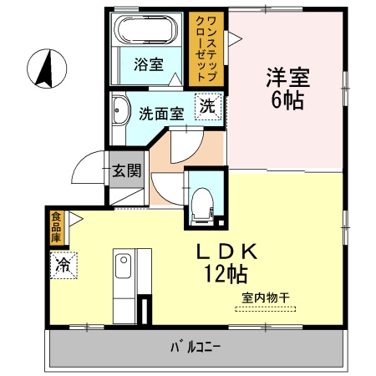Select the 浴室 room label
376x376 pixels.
[149, 64]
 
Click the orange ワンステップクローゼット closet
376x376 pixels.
[206, 49]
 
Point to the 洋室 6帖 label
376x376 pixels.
[287, 89]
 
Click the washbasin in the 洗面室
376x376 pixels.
[120, 110]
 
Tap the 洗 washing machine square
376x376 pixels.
[208, 107]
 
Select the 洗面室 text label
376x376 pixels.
[161, 114]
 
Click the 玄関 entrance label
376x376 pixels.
[127, 170]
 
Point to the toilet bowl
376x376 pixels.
[202, 204]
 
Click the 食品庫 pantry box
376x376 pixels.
[57, 228]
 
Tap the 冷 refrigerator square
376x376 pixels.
[64, 266]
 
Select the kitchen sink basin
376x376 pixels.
[123, 266]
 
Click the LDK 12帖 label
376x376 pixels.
[226, 263]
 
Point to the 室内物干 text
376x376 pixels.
[266, 297]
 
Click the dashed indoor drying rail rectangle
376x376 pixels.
[266, 308]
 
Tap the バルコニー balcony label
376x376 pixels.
[196, 347]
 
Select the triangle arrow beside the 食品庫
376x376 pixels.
[75, 219]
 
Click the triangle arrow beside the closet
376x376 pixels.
[235, 39]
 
